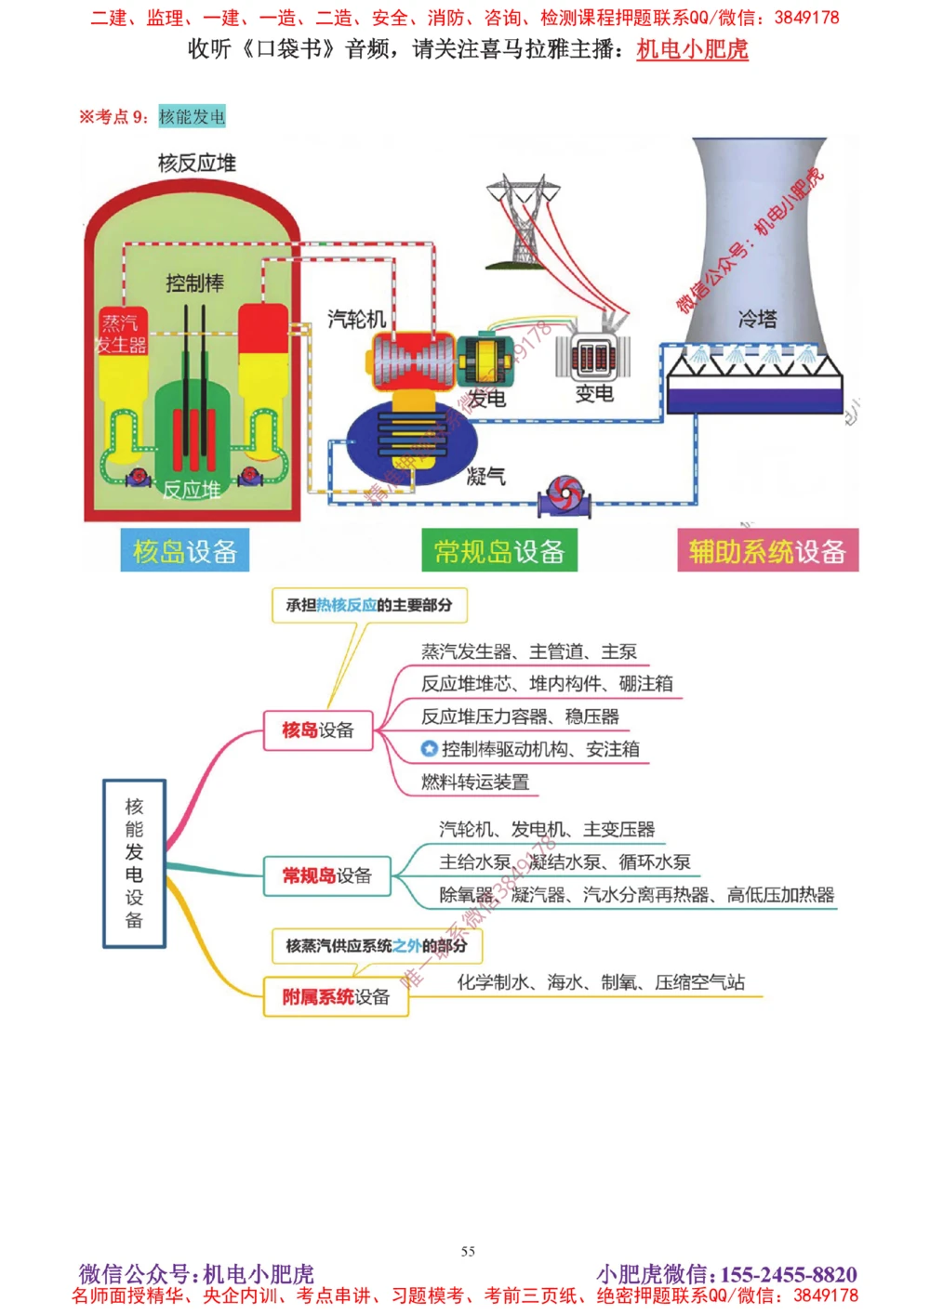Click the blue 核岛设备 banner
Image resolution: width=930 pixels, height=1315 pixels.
click(x=184, y=551)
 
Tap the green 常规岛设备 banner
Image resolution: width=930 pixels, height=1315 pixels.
click(x=499, y=551)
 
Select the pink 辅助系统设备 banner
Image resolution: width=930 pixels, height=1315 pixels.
click(x=767, y=551)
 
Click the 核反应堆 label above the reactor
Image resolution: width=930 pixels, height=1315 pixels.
click(x=196, y=164)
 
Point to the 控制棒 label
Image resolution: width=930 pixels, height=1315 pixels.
click(x=194, y=283)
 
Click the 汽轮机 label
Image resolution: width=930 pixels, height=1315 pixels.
click(x=356, y=319)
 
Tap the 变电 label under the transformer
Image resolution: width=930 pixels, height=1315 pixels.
click(x=594, y=393)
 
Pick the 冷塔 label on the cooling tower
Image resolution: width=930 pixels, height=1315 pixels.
click(x=757, y=319)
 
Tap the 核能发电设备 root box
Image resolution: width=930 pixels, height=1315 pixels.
click(x=134, y=863)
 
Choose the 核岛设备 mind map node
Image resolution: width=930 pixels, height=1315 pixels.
click(x=318, y=730)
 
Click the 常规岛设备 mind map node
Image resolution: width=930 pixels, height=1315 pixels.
click(x=326, y=875)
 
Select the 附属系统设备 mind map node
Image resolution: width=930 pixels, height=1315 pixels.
click(x=336, y=997)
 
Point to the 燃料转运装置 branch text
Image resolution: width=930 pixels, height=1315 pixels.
click(x=474, y=782)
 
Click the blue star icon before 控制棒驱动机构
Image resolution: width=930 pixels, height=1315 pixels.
click(x=429, y=748)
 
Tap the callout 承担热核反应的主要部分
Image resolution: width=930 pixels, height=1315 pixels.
click(x=368, y=605)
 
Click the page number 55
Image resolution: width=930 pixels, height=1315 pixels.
click(x=468, y=1251)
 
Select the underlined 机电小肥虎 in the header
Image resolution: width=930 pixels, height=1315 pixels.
click(x=692, y=49)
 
